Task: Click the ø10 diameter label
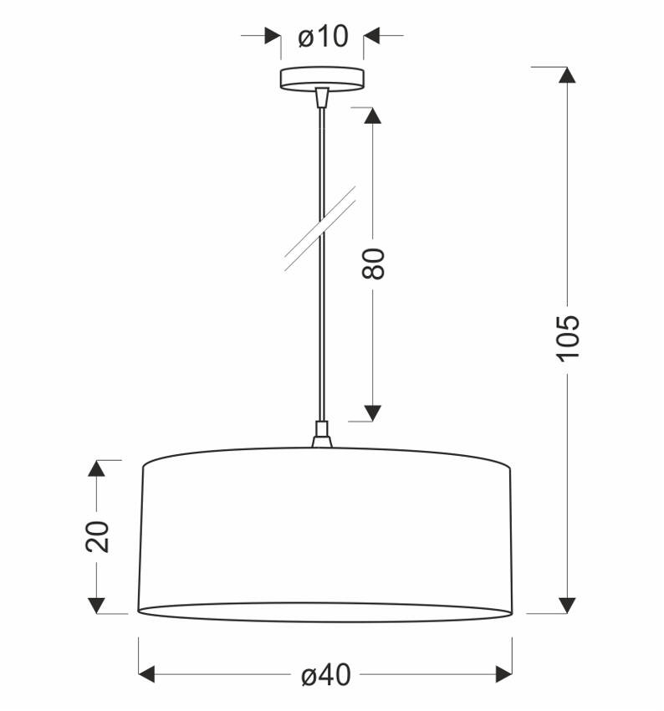tap(322, 37)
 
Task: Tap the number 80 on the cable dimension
tap(374, 263)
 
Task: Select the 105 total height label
tap(567, 337)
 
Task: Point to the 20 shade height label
tap(97, 536)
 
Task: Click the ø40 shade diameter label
tap(325, 675)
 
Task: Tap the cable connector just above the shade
tap(321, 435)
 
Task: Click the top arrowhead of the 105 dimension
tap(567, 74)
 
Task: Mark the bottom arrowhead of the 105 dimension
tap(567, 605)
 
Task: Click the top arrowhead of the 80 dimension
tap(373, 115)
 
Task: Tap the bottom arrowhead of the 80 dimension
tap(373, 412)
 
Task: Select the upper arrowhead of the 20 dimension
tap(97, 468)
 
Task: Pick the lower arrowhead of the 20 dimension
tap(97, 605)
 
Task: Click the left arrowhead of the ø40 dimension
tap(147, 674)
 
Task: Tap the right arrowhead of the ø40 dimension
tap(503, 674)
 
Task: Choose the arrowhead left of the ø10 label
tap(273, 36)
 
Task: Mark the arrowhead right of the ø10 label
tap(372, 36)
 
